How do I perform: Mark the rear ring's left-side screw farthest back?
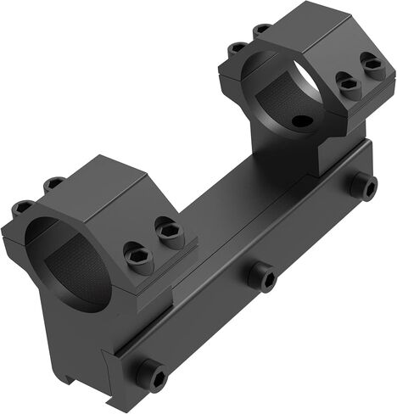(x=263, y=28)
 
